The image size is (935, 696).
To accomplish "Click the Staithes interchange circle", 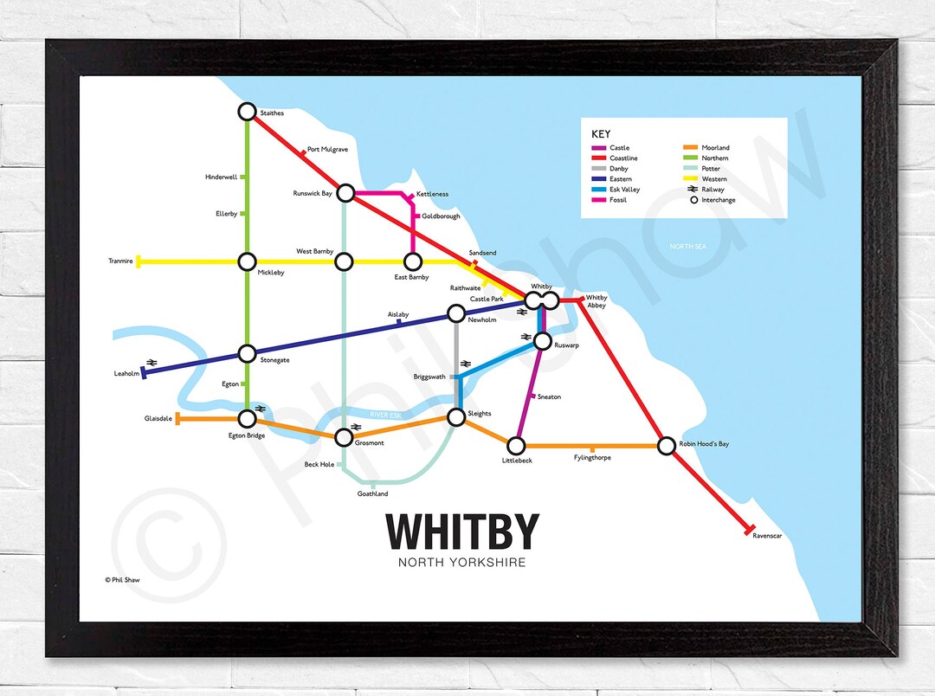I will pos(247,112).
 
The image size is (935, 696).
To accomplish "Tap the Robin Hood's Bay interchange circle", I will pos(666,446).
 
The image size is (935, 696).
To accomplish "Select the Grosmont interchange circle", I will pos(345,437).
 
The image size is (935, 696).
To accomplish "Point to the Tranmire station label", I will pos(120,261).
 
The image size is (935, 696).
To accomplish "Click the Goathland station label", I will pos(372,494).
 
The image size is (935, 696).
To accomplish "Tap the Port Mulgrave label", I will pos(327,150).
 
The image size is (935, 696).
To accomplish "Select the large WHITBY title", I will pos(462,531).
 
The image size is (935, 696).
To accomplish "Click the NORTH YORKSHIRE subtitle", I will pos(462,563).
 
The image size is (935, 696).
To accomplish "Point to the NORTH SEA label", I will pos(688,247).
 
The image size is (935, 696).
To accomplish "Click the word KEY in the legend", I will pos(601,134).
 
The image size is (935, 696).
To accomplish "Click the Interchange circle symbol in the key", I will pos(693,200).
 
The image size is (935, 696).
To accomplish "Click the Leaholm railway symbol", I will pos(152,362).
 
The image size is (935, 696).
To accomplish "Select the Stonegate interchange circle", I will pos(247,353).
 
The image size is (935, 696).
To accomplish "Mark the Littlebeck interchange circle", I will pos(516,446).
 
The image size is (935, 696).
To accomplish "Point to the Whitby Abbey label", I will pos(596,301).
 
